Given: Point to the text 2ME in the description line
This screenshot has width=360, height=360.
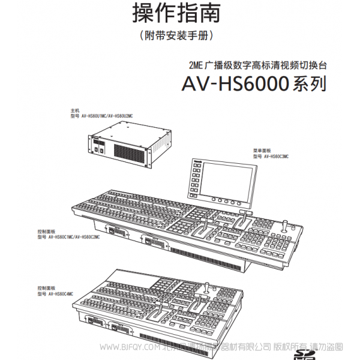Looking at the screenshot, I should (x=196, y=65).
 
